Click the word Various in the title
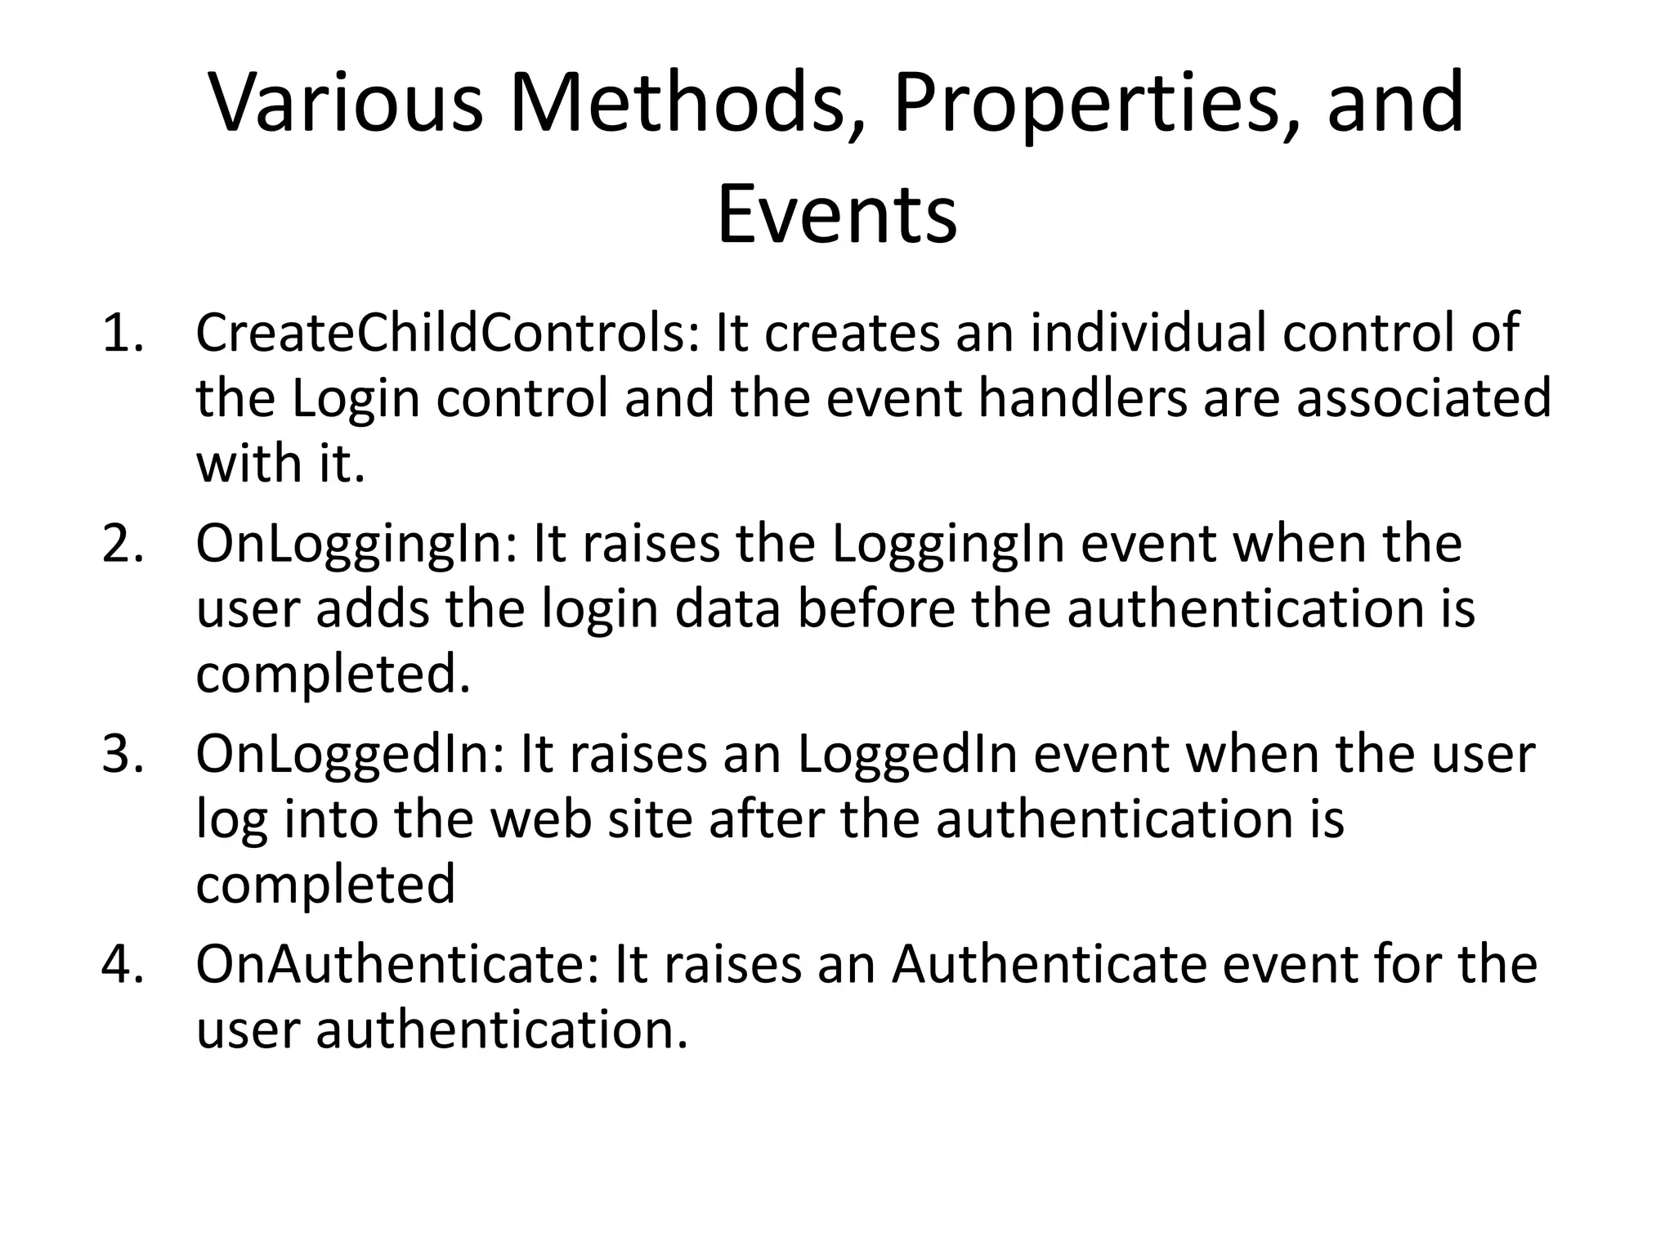coord(347,103)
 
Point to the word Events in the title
coord(836,215)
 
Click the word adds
coord(372,610)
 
